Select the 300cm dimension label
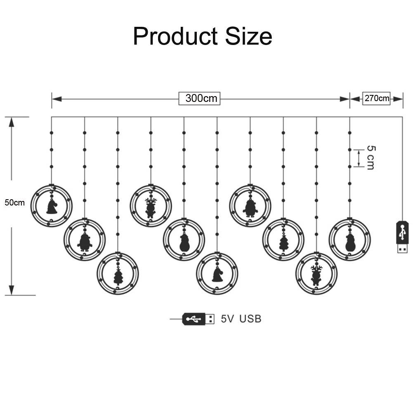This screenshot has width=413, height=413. [201, 99]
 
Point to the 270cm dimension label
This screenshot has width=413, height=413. [376, 99]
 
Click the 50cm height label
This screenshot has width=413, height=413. [14, 203]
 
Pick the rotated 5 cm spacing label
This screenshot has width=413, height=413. [370, 157]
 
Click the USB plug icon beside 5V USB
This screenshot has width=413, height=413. [198, 319]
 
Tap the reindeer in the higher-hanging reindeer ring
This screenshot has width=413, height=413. [151, 207]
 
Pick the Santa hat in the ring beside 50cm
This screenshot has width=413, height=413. [52, 206]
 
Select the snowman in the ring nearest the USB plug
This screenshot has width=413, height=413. [349, 243]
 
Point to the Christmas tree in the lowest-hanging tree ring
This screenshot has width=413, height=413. [118, 276]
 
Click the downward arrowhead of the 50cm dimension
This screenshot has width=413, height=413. [12, 290]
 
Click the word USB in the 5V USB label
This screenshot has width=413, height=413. [250, 319]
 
